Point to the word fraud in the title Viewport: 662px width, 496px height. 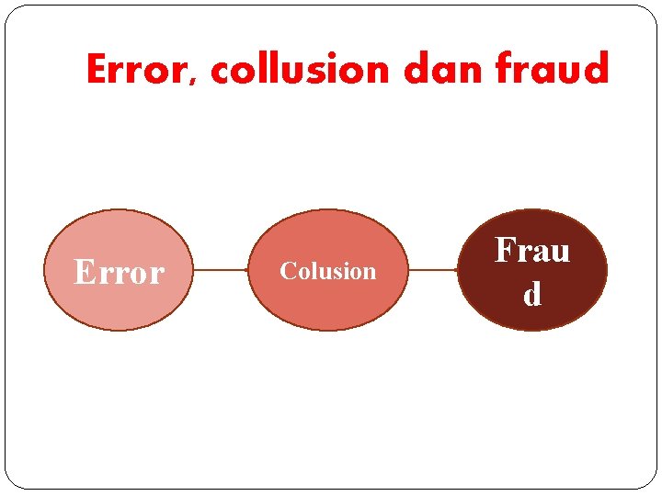pos(552,70)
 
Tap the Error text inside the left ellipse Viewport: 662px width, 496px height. pos(119,272)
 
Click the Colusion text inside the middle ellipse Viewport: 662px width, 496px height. pos(328,271)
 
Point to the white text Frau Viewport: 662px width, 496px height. pos(532,250)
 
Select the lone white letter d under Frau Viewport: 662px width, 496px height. pos(532,295)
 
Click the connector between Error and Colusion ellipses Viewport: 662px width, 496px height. pos(221,270)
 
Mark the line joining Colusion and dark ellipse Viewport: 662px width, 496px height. pos(432,270)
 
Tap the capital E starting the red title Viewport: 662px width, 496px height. pos(97,70)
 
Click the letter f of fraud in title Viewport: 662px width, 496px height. pos(505,70)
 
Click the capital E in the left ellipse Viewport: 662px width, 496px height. pos(84,272)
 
